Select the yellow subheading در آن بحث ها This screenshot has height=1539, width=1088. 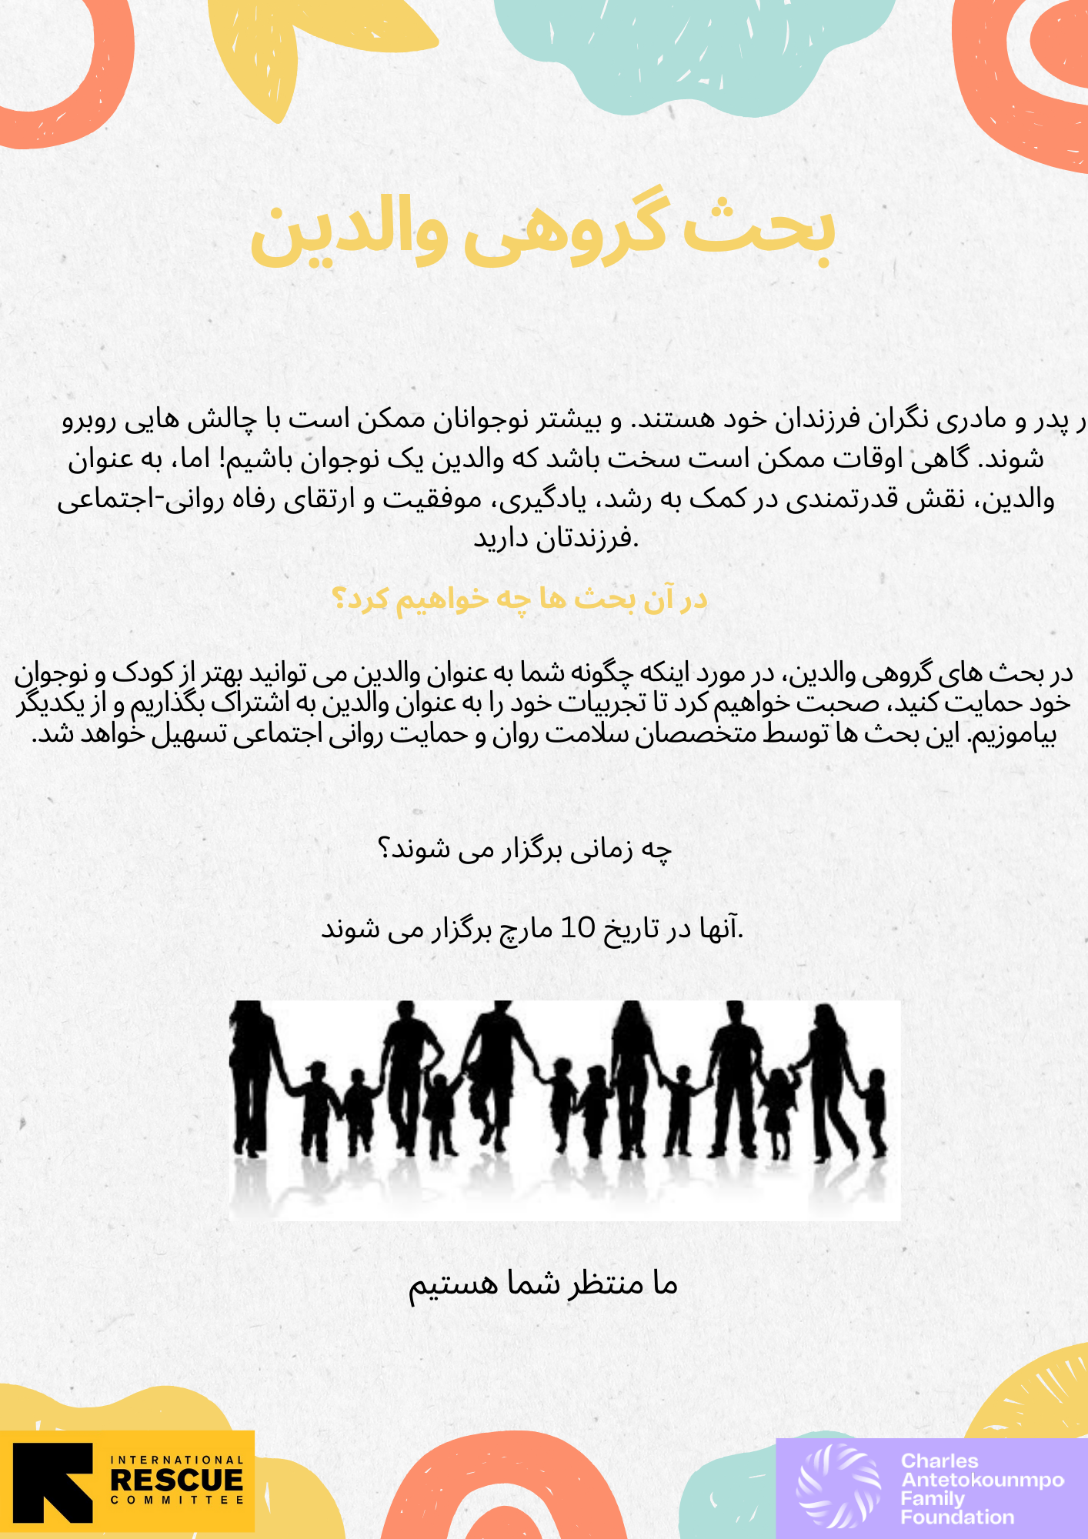519,599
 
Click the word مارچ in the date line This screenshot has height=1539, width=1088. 526,929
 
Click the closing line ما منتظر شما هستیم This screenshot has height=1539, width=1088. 542,1284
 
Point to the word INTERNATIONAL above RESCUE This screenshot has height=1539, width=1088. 177,1460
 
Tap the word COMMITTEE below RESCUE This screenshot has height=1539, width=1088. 177,1500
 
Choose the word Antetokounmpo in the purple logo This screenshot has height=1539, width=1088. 983,1480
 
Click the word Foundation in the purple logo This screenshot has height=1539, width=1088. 957,1517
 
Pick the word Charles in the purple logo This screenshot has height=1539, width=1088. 939,1461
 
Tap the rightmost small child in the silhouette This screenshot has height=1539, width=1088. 875,1112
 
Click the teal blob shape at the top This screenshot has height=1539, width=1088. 693,46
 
